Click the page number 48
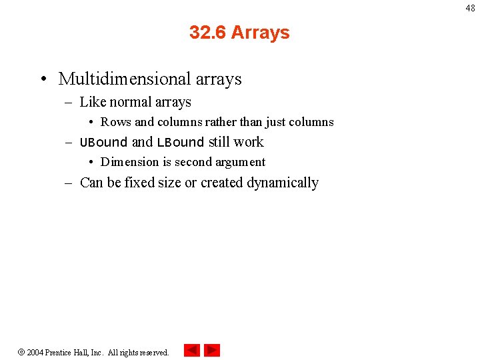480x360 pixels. pyautogui.click(x=471, y=8)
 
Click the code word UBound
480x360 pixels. pyautogui.click(x=103, y=142)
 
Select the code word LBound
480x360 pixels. pyautogui.click(x=180, y=142)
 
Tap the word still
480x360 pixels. pyautogui.click(x=219, y=142)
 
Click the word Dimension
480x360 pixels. pyautogui.click(x=129, y=162)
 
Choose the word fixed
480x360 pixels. pyautogui.click(x=139, y=183)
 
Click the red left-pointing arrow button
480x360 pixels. pyautogui.click(x=192, y=350)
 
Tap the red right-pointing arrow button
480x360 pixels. pyautogui.click(x=212, y=350)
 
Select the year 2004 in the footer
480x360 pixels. pyautogui.click(x=35, y=352)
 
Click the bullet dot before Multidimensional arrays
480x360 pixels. pyautogui.click(x=43, y=80)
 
